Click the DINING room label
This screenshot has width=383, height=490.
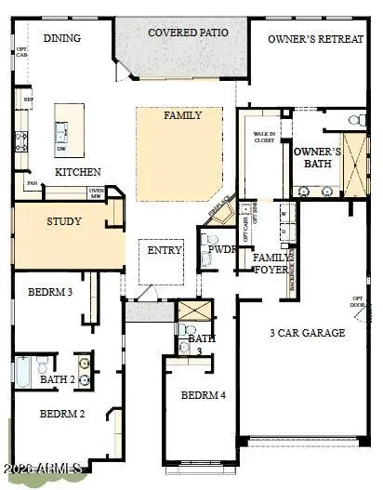[x=62, y=38]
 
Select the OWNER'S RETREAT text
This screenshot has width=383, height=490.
[x=315, y=39]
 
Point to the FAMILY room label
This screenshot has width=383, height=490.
[x=183, y=116]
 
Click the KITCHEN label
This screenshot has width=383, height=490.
[x=78, y=172]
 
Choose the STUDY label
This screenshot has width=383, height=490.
[x=64, y=222]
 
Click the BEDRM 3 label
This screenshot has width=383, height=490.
[x=50, y=291]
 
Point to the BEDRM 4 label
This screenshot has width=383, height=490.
[x=203, y=395]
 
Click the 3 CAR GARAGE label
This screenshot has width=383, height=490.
[x=307, y=332]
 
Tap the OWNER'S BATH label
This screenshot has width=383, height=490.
[x=317, y=157]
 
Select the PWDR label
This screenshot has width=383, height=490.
[x=222, y=250]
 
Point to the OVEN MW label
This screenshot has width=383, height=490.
[x=95, y=193]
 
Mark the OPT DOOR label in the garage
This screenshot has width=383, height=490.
[x=358, y=302]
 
